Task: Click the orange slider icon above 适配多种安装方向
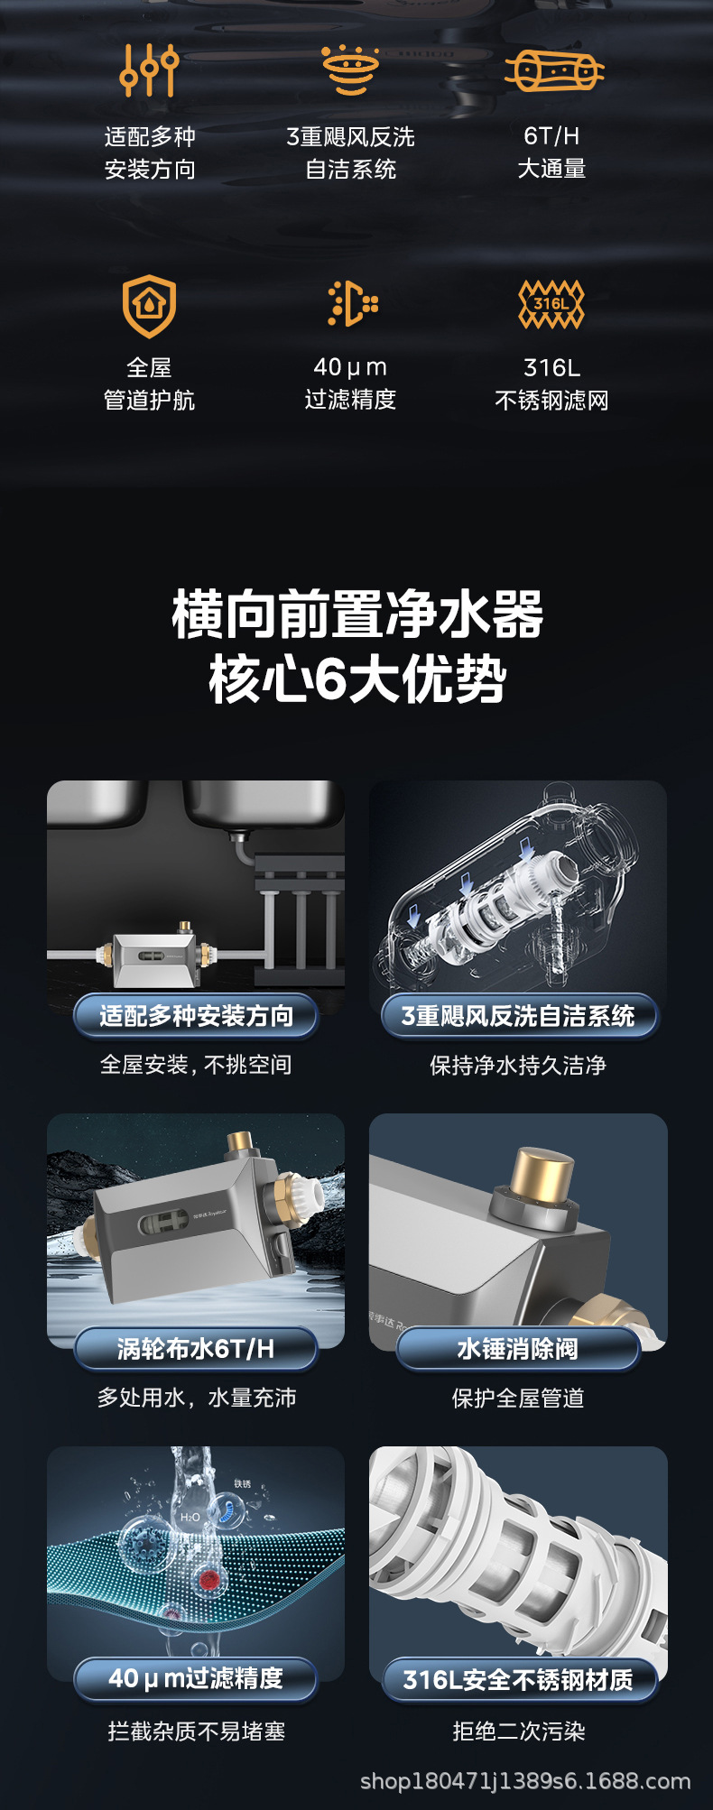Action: point(149,69)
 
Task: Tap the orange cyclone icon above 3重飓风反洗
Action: point(350,69)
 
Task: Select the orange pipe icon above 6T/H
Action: point(553,70)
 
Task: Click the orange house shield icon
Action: point(149,305)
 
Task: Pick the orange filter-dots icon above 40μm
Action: point(352,303)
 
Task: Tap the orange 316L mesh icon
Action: point(551,303)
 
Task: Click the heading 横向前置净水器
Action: point(357,615)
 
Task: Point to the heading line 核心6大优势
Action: point(357,679)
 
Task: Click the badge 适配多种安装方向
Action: point(196,1016)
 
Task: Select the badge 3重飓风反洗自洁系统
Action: point(518,1016)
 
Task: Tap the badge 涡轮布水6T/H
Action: point(196,1349)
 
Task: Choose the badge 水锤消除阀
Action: point(518,1349)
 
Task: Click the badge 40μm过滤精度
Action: point(196,1678)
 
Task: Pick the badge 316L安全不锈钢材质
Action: point(518,1679)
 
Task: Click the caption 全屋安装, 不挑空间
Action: point(196,1065)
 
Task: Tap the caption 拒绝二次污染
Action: point(518,1731)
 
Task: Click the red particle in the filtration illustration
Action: point(209,1579)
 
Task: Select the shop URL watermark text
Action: point(525,1781)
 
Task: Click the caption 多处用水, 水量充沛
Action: point(197,1398)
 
